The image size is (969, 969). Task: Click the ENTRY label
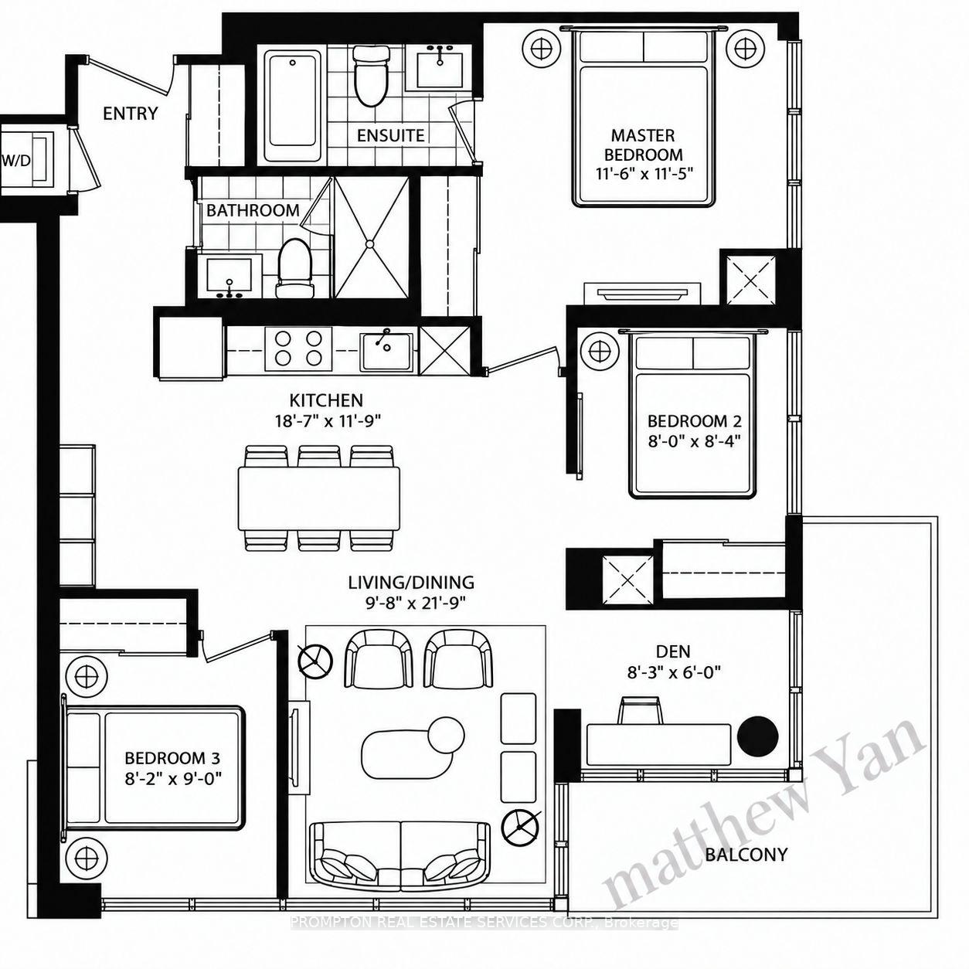pyautogui.click(x=131, y=114)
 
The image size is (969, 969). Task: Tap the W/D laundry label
pyautogui.click(x=16, y=161)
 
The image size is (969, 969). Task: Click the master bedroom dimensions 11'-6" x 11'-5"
pyautogui.click(x=644, y=174)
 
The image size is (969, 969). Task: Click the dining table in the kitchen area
pyautogui.click(x=319, y=498)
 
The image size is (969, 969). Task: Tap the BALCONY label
pyautogui.click(x=746, y=854)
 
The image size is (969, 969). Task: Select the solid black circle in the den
pyautogui.click(x=758, y=736)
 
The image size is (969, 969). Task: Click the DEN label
pyautogui.click(x=673, y=651)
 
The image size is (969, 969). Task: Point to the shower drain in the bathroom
pyautogui.click(x=370, y=243)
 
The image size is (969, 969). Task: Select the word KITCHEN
pyautogui.click(x=326, y=400)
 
